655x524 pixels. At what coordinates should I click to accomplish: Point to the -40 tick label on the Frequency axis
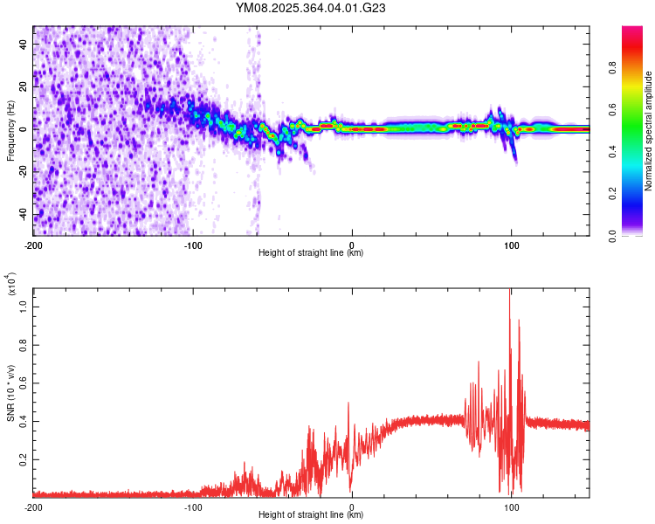22,215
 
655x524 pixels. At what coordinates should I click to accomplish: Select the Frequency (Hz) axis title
10,130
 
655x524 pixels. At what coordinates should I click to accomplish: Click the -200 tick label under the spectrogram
33,245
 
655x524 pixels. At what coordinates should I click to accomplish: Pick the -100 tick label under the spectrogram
192,245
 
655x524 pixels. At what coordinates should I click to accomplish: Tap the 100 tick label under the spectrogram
511,245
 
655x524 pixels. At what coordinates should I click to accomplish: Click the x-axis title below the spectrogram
311,253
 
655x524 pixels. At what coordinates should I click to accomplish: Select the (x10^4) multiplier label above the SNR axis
10,284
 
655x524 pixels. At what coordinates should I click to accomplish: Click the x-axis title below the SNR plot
311,515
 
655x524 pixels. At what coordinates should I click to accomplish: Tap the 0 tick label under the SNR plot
352,507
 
